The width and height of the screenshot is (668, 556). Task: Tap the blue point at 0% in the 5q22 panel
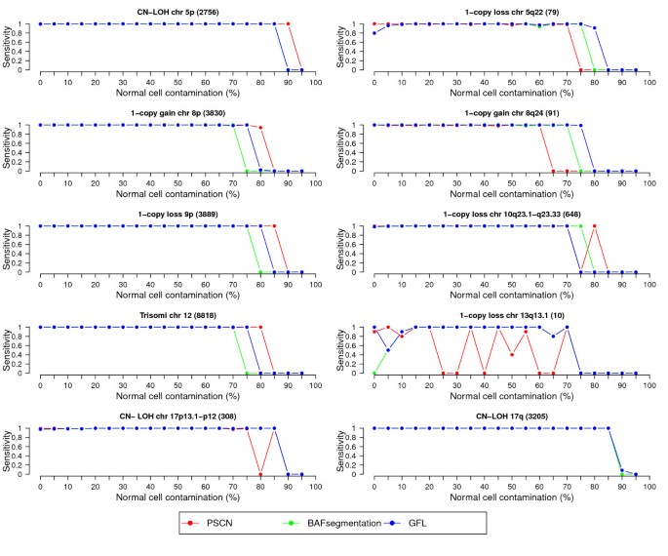click(374, 33)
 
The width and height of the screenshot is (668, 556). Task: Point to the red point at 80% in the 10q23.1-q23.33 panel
click(594, 226)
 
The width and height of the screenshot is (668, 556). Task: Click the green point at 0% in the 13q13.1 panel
click(374, 374)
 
